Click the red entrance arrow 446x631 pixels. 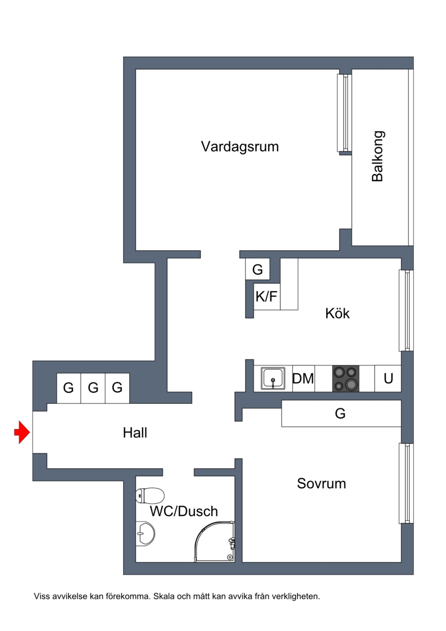22,432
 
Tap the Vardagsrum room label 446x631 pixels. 240,147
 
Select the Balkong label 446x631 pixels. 377,156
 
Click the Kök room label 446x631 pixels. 337,314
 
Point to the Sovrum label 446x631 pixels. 321,483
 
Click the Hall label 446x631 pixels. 135,432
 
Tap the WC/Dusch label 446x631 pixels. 183,511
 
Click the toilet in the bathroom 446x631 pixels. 150,495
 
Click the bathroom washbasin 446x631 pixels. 144,534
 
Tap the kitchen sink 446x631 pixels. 273,378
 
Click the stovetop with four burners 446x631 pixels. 346,379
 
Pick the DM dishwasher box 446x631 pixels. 303,379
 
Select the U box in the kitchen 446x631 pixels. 388,379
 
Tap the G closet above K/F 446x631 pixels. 258,269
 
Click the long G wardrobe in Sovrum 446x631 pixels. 341,413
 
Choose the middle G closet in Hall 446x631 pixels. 93,388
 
